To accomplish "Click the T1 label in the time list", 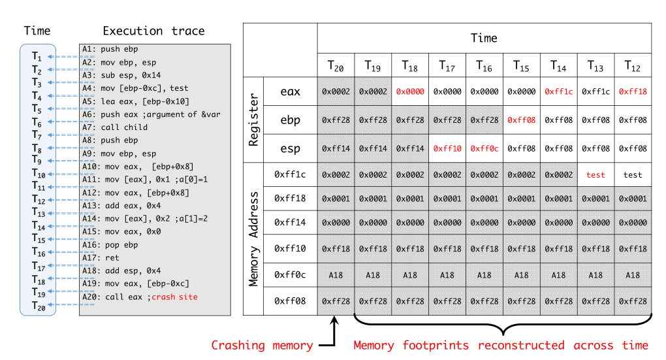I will pos(39,57).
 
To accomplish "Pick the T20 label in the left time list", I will pos(39,305).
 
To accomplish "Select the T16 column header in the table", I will pos(484,66).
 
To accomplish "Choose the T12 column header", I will pos(633,66).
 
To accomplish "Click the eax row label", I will pos(290,91).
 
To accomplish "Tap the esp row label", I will pos(290,148).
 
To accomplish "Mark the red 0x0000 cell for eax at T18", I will pos(409,91).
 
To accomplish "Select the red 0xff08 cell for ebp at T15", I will pos(521,120).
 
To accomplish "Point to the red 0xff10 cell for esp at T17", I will pos(447,148).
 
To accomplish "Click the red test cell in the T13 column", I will pos(595,175).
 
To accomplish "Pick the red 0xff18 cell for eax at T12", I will pos(633,91).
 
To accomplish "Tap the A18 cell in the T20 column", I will pos(336,275).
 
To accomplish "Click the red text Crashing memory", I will pos(261,345).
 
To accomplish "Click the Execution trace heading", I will pos(153,31).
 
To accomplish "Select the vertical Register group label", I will pos(253,120).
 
